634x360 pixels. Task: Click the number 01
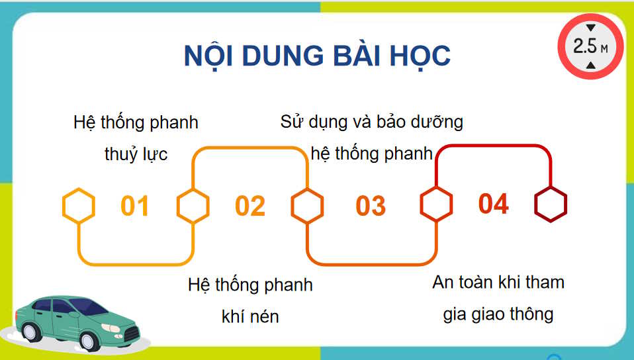[x=135, y=206]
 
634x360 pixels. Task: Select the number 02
[x=249, y=206]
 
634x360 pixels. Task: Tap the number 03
[x=370, y=206]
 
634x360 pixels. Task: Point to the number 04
[x=493, y=204]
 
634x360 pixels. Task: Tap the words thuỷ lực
[x=136, y=155]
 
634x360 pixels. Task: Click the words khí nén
[x=250, y=316]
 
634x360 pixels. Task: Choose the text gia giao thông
[x=498, y=314]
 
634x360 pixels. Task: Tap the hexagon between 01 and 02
[x=193, y=205]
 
